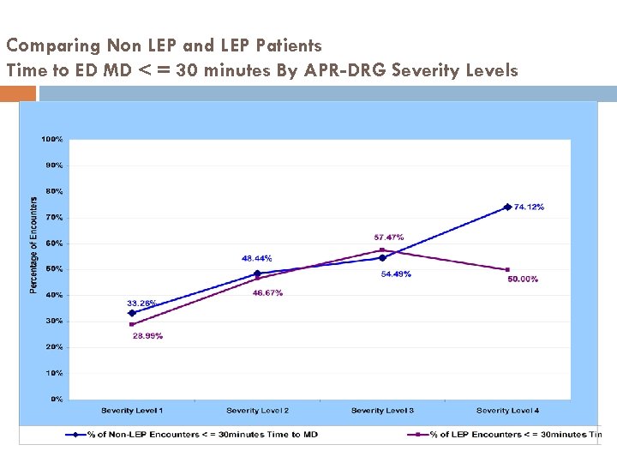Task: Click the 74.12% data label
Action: pyautogui.click(x=529, y=207)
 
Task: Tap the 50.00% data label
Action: pyautogui.click(x=523, y=280)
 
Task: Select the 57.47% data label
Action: pyautogui.click(x=388, y=238)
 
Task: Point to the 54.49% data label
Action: pyautogui.click(x=396, y=274)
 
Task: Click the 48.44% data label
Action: pyautogui.click(x=257, y=258)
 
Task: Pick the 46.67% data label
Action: pyautogui.click(x=267, y=293)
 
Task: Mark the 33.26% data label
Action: pyautogui.click(x=141, y=304)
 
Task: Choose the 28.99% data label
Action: pyautogui.click(x=147, y=336)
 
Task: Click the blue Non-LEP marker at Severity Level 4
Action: pyautogui.click(x=507, y=207)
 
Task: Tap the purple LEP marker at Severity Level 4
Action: pyautogui.click(x=507, y=270)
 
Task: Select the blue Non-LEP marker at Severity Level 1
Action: pyautogui.click(x=132, y=313)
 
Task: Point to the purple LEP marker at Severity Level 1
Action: pyautogui.click(x=132, y=324)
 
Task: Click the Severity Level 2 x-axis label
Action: pyautogui.click(x=257, y=411)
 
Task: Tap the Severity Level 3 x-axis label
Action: pyautogui.click(x=382, y=411)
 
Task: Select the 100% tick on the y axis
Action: pyautogui.click(x=52, y=139)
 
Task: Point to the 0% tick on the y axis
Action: pyautogui.click(x=56, y=400)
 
